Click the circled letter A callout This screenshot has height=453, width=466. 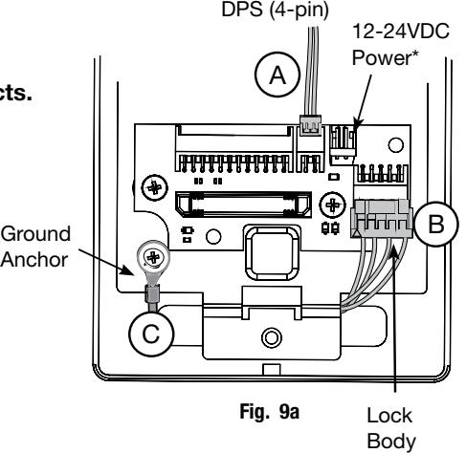[277, 75]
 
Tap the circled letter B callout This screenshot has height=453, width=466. [436, 224]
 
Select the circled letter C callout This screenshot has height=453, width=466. [151, 334]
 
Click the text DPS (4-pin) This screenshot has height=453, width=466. [275, 11]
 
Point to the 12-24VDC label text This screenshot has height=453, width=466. [401, 32]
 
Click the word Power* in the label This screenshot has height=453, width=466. [385, 58]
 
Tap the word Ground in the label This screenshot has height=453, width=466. [35, 235]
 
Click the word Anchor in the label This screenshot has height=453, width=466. [34, 260]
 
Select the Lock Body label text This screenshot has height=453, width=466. [391, 428]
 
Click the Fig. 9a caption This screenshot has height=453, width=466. [270, 412]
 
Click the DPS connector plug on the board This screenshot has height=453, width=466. [310, 125]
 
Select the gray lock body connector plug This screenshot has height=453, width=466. [382, 219]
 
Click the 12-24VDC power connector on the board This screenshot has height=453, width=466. [343, 141]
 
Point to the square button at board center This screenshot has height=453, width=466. [272, 252]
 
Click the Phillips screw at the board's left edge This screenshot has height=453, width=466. [154, 187]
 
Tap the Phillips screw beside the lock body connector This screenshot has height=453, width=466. [332, 205]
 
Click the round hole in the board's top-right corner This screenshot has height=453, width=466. [396, 145]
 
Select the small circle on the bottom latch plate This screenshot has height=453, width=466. [272, 337]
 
